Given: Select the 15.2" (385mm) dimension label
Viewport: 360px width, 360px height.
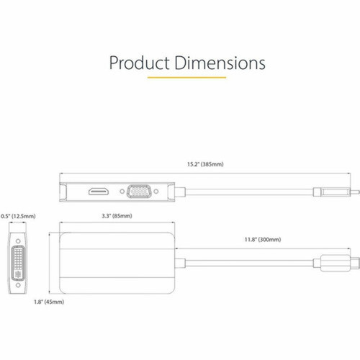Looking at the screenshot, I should coord(204,164).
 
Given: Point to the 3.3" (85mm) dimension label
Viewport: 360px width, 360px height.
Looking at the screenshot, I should coord(116,216).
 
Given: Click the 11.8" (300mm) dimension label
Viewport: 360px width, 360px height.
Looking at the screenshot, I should coord(262,239).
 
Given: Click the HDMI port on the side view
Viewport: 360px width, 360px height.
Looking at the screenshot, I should coord(99,192).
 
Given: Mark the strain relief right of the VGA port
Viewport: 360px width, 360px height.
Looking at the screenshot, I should coord(183,192).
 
